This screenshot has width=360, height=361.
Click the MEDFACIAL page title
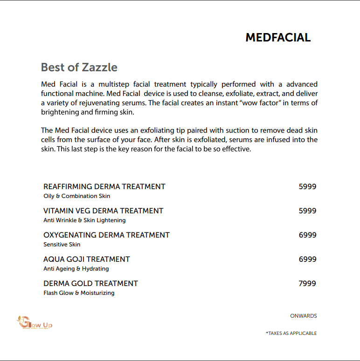tap(278, 38)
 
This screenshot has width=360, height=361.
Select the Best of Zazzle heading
tap(79, 67)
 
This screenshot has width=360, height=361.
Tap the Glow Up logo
tap(35, 322)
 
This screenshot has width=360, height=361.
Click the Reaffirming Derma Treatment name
tap(104, 186)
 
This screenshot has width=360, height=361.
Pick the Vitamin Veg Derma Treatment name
tap(104, 211)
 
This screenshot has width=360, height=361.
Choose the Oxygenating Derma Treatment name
tap(106, 235)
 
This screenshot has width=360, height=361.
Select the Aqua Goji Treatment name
tap(87, 259)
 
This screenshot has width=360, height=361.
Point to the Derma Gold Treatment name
tap(91, 283)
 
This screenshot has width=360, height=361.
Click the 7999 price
tap(307, 283)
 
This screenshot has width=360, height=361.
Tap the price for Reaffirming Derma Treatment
tap(307, 186)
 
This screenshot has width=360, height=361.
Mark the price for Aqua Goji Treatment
tap(307, 259)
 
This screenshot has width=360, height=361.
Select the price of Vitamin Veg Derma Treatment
tap(307, 211)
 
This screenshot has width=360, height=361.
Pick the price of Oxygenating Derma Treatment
tap(307, 235)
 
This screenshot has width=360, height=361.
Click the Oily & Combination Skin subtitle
tap(77, 196)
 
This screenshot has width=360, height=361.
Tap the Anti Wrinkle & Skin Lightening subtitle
tap(84, 220)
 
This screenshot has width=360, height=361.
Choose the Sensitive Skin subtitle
tap(62, 245)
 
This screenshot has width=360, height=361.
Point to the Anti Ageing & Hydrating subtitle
tap(76, 269)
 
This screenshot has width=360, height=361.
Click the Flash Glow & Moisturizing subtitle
tap(79, 293)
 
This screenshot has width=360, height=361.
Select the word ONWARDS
tap(303, 316)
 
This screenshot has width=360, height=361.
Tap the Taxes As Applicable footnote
tap(291, 333)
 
